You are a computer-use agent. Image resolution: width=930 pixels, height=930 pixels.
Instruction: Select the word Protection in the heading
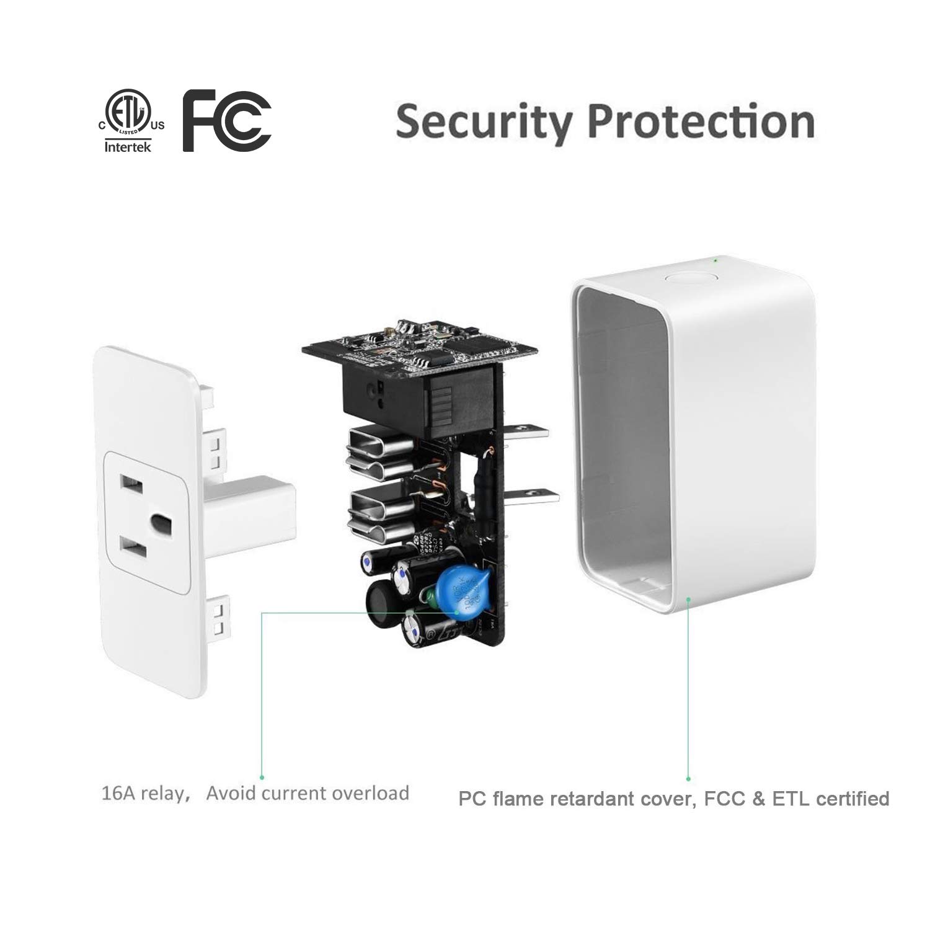pos(701,122)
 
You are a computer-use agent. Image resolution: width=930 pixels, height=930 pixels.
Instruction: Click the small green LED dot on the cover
pos(715,260)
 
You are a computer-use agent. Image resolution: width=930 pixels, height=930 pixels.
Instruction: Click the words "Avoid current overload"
pos(308,793)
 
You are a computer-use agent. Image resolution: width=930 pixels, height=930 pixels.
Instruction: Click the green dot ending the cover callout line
pos(688,778)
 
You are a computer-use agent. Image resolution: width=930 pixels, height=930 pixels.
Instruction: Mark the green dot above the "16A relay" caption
pos(262,777)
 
